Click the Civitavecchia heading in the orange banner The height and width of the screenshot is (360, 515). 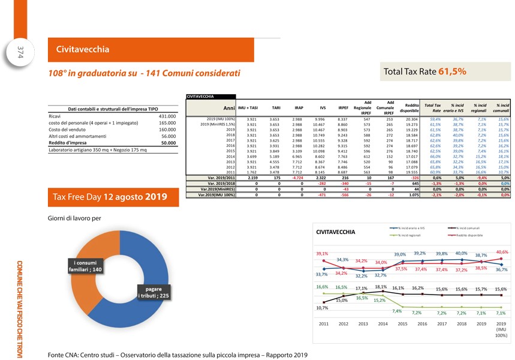tap(83, 49)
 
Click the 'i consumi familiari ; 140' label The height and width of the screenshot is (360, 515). tap(88, 266)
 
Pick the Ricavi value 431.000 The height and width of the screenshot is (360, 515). tap(163, 116)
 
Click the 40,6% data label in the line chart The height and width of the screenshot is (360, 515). tap(502, 253)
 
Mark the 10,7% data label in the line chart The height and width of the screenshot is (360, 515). tap(323, 308)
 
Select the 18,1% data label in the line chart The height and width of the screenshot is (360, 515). tap(380, 287)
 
